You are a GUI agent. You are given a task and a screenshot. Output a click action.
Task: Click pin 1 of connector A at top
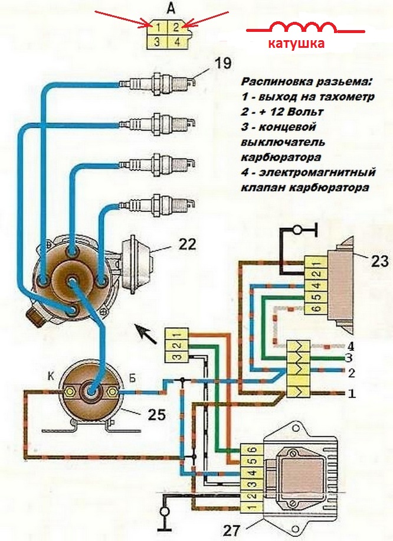click(157, 27)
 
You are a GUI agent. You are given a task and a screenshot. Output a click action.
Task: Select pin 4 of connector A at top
click(177, 42)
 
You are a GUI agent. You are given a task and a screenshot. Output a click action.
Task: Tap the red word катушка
click(296, 44)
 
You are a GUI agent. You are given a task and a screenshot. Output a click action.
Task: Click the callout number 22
click(187, 245)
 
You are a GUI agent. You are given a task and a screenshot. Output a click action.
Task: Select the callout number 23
click(379, 261)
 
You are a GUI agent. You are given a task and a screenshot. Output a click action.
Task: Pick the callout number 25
click(156, 414)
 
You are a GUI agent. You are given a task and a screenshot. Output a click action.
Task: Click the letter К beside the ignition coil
click(51, 376)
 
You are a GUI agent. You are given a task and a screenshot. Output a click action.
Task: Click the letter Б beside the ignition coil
click(132, 377)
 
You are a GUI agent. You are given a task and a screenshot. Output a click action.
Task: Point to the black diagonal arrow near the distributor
click(146, 334)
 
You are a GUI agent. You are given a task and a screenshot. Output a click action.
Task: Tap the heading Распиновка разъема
click(307, 82)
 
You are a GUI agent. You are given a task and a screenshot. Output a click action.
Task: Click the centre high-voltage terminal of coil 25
click(91, 392)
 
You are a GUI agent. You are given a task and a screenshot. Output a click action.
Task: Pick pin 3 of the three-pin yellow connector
click(176, 357)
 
